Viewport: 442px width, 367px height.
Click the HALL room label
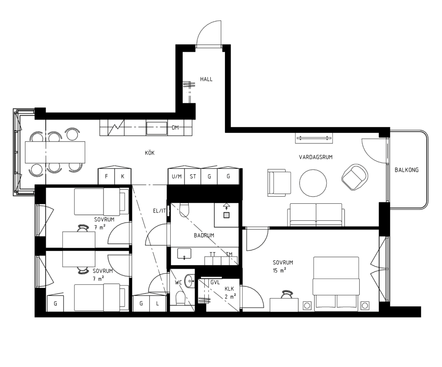[206, 79]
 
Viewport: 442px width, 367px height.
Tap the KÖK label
[150, 153]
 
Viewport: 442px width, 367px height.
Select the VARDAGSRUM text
[316, 157]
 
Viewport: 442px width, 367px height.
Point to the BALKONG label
[407, 170]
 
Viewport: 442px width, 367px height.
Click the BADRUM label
[204, 235]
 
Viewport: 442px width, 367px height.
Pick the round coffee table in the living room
[313, 183]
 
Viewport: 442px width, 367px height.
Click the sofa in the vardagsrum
[316, 215]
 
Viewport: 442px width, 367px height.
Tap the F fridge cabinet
[106, 176]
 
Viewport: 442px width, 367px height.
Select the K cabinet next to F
[123, 176]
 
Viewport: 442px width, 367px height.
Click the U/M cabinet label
[177, 176]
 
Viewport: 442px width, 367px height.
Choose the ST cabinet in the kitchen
[193, 176]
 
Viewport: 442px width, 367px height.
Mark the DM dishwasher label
[175, 127]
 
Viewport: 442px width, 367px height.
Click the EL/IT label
[159, 211]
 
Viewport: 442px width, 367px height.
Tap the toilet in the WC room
[180, 298]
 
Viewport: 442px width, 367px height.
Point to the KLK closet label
[229, 289]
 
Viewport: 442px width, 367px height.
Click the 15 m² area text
[280, 270]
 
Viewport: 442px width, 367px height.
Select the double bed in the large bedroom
[336, 284]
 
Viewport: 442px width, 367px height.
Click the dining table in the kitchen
[55, 152]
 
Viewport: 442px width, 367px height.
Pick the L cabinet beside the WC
[158, 303]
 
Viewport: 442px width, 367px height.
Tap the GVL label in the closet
[215, 282]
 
